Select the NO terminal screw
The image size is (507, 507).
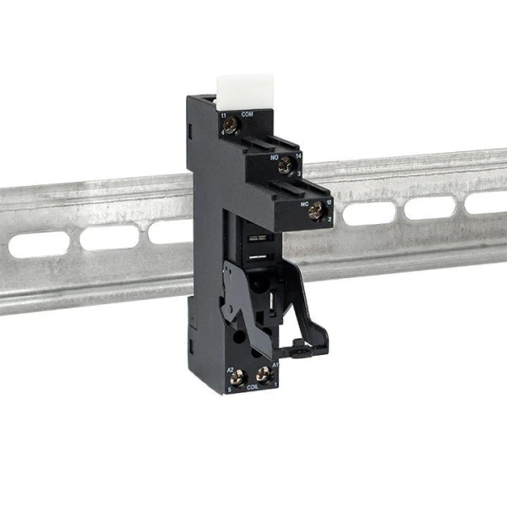tap(286, 165)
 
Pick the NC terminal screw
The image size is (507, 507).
tap(314, 211)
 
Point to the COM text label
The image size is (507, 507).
tap(248, 113)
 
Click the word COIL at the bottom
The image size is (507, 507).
tap(252, 390)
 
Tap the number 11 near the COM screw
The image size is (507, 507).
tap(223, 114)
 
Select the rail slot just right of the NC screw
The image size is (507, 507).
tap(368, 213)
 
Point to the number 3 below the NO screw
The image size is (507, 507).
tap(298, 173)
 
